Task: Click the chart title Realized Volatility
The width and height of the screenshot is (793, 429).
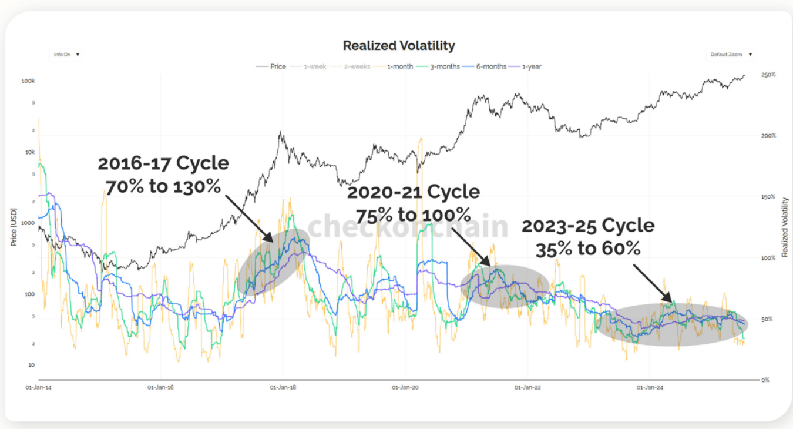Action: [x=399, y=45]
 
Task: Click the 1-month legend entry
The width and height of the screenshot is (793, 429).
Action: [x=399, y=66]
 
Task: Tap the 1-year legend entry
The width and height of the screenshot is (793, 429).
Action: [x=530, y=66]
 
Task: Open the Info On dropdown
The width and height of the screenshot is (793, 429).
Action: [x=66, y=55]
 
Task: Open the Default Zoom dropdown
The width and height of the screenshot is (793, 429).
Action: [x=731, y=55]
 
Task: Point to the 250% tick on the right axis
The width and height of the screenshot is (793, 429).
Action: [x=768, y=75]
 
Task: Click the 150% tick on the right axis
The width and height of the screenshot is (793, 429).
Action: [x=768, y=197]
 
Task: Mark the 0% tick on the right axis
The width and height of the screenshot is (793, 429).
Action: [x=766, y=380]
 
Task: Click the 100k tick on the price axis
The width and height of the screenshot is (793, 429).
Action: [x=28, y=81]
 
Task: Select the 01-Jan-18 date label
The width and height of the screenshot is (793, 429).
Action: [x=283, y=388]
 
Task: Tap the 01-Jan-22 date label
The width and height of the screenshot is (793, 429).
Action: [x=527, y=388]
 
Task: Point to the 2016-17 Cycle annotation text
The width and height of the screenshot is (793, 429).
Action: [x=163, y=163]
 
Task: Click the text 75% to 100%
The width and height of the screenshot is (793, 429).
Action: [x=414, y=213]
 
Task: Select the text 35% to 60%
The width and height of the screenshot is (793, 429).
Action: [x=588, y=248]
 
